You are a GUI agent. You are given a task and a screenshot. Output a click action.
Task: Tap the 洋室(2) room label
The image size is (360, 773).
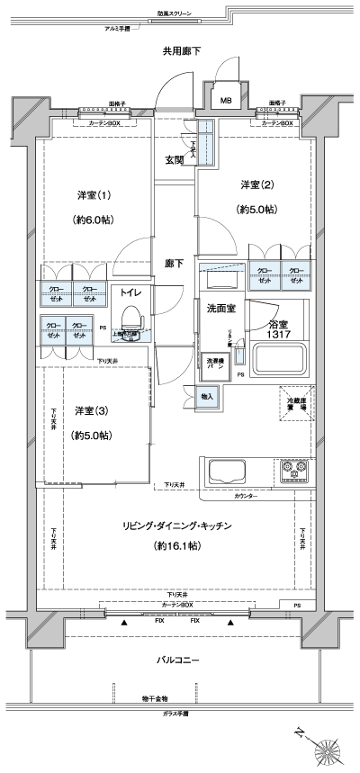pyautogui.click(x=256, y=184)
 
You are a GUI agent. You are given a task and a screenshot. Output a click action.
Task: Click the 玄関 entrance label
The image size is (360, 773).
pyautogui.click(x=175, y=160)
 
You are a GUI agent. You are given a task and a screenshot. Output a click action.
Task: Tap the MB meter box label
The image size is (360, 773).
pyautogui.click(x=225, y=99)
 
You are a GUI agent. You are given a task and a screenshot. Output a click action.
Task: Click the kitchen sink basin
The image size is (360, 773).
pyautogui.click(x=229, y=471)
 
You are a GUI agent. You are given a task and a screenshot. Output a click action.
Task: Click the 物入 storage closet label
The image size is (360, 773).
pyautogui.click(x=206, y=396)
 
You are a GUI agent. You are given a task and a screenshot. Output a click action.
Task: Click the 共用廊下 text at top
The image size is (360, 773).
pyautogui.click(x=181, y=50)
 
